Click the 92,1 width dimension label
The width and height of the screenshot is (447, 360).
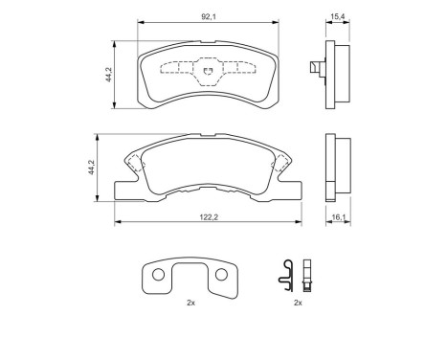tap(209, 17)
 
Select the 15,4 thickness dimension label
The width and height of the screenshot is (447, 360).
tap(338, 16)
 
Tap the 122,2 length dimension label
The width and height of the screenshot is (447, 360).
tap(209, 217)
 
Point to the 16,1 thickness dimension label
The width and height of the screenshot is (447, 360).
tap(339, 217)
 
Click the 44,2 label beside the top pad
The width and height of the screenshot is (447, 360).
tap(109, 75)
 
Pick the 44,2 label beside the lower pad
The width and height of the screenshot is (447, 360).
tap(92, 168)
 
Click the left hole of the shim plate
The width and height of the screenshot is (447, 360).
tap(158, 275)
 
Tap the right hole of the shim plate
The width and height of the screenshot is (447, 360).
tap(221, 275)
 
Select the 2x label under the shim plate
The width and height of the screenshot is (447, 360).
tap(190, 303)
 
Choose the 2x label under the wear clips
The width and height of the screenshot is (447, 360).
tap(298, 303)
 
